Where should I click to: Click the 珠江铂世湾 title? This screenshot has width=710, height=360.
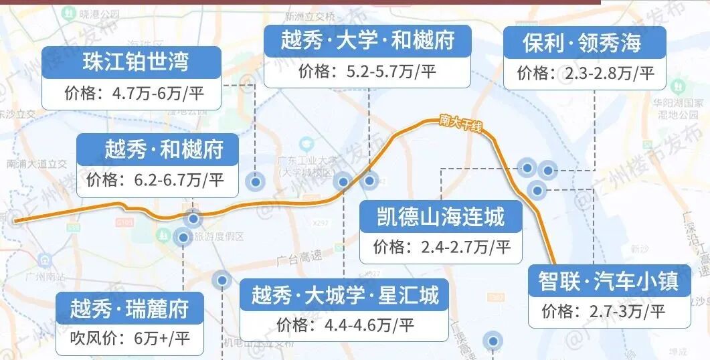pos(136,62)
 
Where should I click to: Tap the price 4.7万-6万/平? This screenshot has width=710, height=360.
pos(133,93)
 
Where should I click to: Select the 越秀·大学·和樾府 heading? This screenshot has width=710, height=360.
pos(368,39)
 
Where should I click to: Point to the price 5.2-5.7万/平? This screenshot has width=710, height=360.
pos(367,71)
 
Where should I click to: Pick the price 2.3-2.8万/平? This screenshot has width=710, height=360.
pos(585,73)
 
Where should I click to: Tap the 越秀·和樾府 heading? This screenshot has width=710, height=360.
pos(163,149)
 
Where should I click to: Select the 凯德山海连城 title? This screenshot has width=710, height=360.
pos(442,217)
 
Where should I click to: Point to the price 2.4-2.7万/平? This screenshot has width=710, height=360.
pos(442,248)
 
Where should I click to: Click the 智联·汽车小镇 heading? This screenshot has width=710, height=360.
pos(608,280)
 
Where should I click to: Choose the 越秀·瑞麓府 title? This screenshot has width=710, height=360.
pos(129,308)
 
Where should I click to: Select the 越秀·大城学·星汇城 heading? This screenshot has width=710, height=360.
pos(345,295)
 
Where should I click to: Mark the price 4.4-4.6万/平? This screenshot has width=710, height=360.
pos(345,325)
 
